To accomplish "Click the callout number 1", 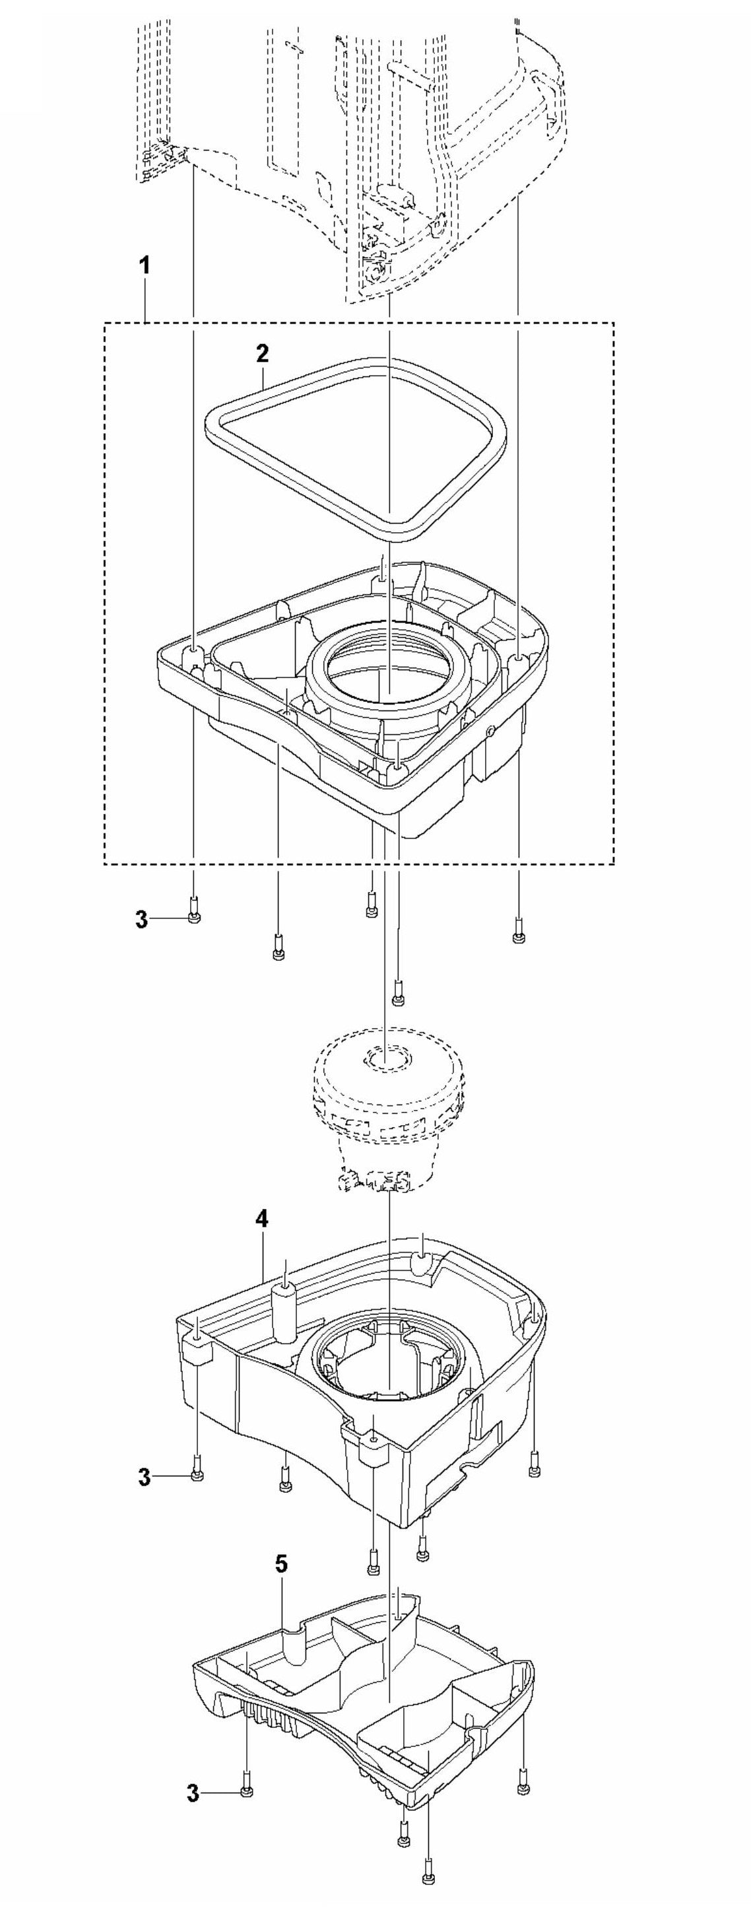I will click(x=145, y=265).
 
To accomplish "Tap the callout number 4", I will click(x=261, y=1218).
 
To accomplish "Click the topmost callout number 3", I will click(x=142, y=919).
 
